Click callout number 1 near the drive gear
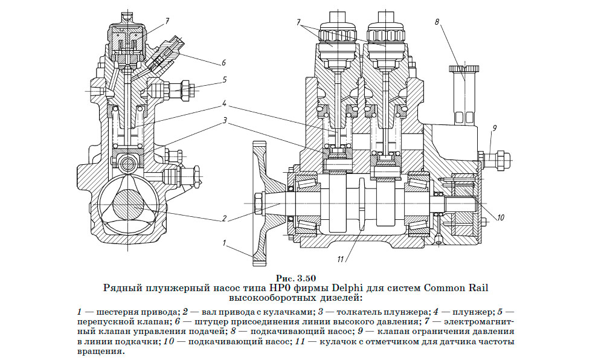[223, 245]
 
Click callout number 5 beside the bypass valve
[223, 79]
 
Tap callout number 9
[493, 128]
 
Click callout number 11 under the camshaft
[341, 259]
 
